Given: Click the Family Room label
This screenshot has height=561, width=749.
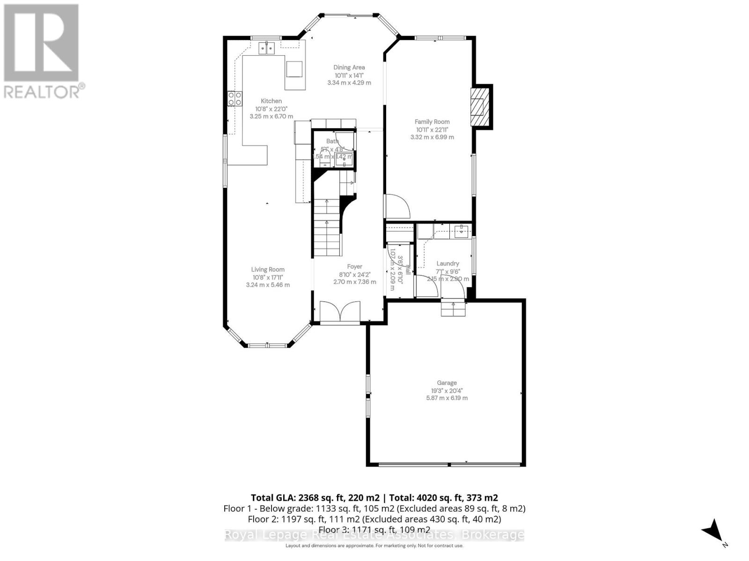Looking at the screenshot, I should pyautogui.click(x=432, y=122).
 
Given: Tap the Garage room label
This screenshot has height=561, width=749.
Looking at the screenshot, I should pyautogui.click(x=447, y=383).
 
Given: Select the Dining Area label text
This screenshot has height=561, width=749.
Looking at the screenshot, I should pyautogui.click(x=349, y=67).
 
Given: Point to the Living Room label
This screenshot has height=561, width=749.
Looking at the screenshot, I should pyautogui.click(x=267, y=270).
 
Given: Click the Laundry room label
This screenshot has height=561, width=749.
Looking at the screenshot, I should pyautogui.click(x=447, y=264).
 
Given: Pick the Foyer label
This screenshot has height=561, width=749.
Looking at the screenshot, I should pyautogui.click(x=354, y=267).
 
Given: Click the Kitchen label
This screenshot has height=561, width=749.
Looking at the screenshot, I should pyautogui.click(x=271, y=101).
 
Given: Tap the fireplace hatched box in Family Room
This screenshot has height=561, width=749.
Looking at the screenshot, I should pyautogui.click(x=478, y=107).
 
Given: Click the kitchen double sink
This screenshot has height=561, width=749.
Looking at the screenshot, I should pyautogui.click(x=267, y=47).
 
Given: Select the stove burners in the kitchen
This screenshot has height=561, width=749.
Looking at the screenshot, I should pyautogui.click(x=235, y=98).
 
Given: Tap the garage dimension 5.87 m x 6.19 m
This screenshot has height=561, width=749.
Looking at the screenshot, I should pyautogui.click(x=447, y=398).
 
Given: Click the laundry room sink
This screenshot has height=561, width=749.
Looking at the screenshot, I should pyautogui.click(x=461, y=230).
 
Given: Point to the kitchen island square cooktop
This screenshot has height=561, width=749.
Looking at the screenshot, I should pyautogui.click(x=294, y=69).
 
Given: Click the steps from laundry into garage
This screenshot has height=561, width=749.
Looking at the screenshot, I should pyautogui.click(x=454, y=309).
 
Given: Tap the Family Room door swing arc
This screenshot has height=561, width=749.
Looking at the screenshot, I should pyautogui.click(x=397, y=206).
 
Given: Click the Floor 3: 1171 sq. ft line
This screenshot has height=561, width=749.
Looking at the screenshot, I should pyautogui.click(x=374, y=530).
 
